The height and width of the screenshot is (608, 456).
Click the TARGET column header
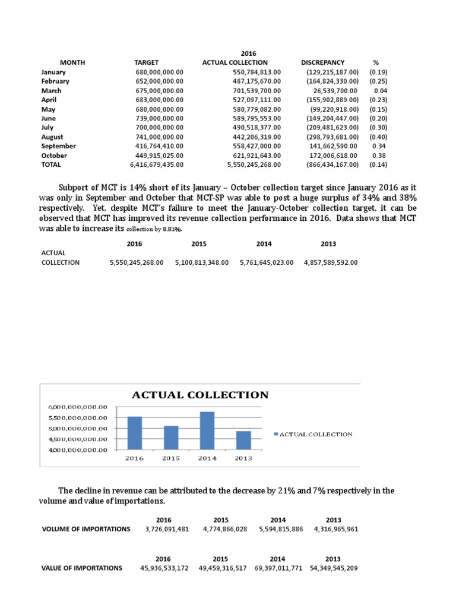(147, 62)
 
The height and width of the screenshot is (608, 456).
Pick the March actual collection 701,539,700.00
(255, 90)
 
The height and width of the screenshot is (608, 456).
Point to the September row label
(58, 146)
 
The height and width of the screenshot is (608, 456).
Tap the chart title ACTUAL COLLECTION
(199, 395)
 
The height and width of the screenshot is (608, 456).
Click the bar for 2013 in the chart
(243, 440)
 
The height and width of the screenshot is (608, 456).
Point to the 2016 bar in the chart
(135, 433)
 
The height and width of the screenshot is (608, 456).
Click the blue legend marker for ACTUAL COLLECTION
(275, 434)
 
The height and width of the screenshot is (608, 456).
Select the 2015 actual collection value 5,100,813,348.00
(202, 262)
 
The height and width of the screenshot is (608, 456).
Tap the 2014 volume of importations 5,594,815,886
(281, 529)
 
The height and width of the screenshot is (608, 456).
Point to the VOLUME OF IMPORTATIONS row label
(85, 529)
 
